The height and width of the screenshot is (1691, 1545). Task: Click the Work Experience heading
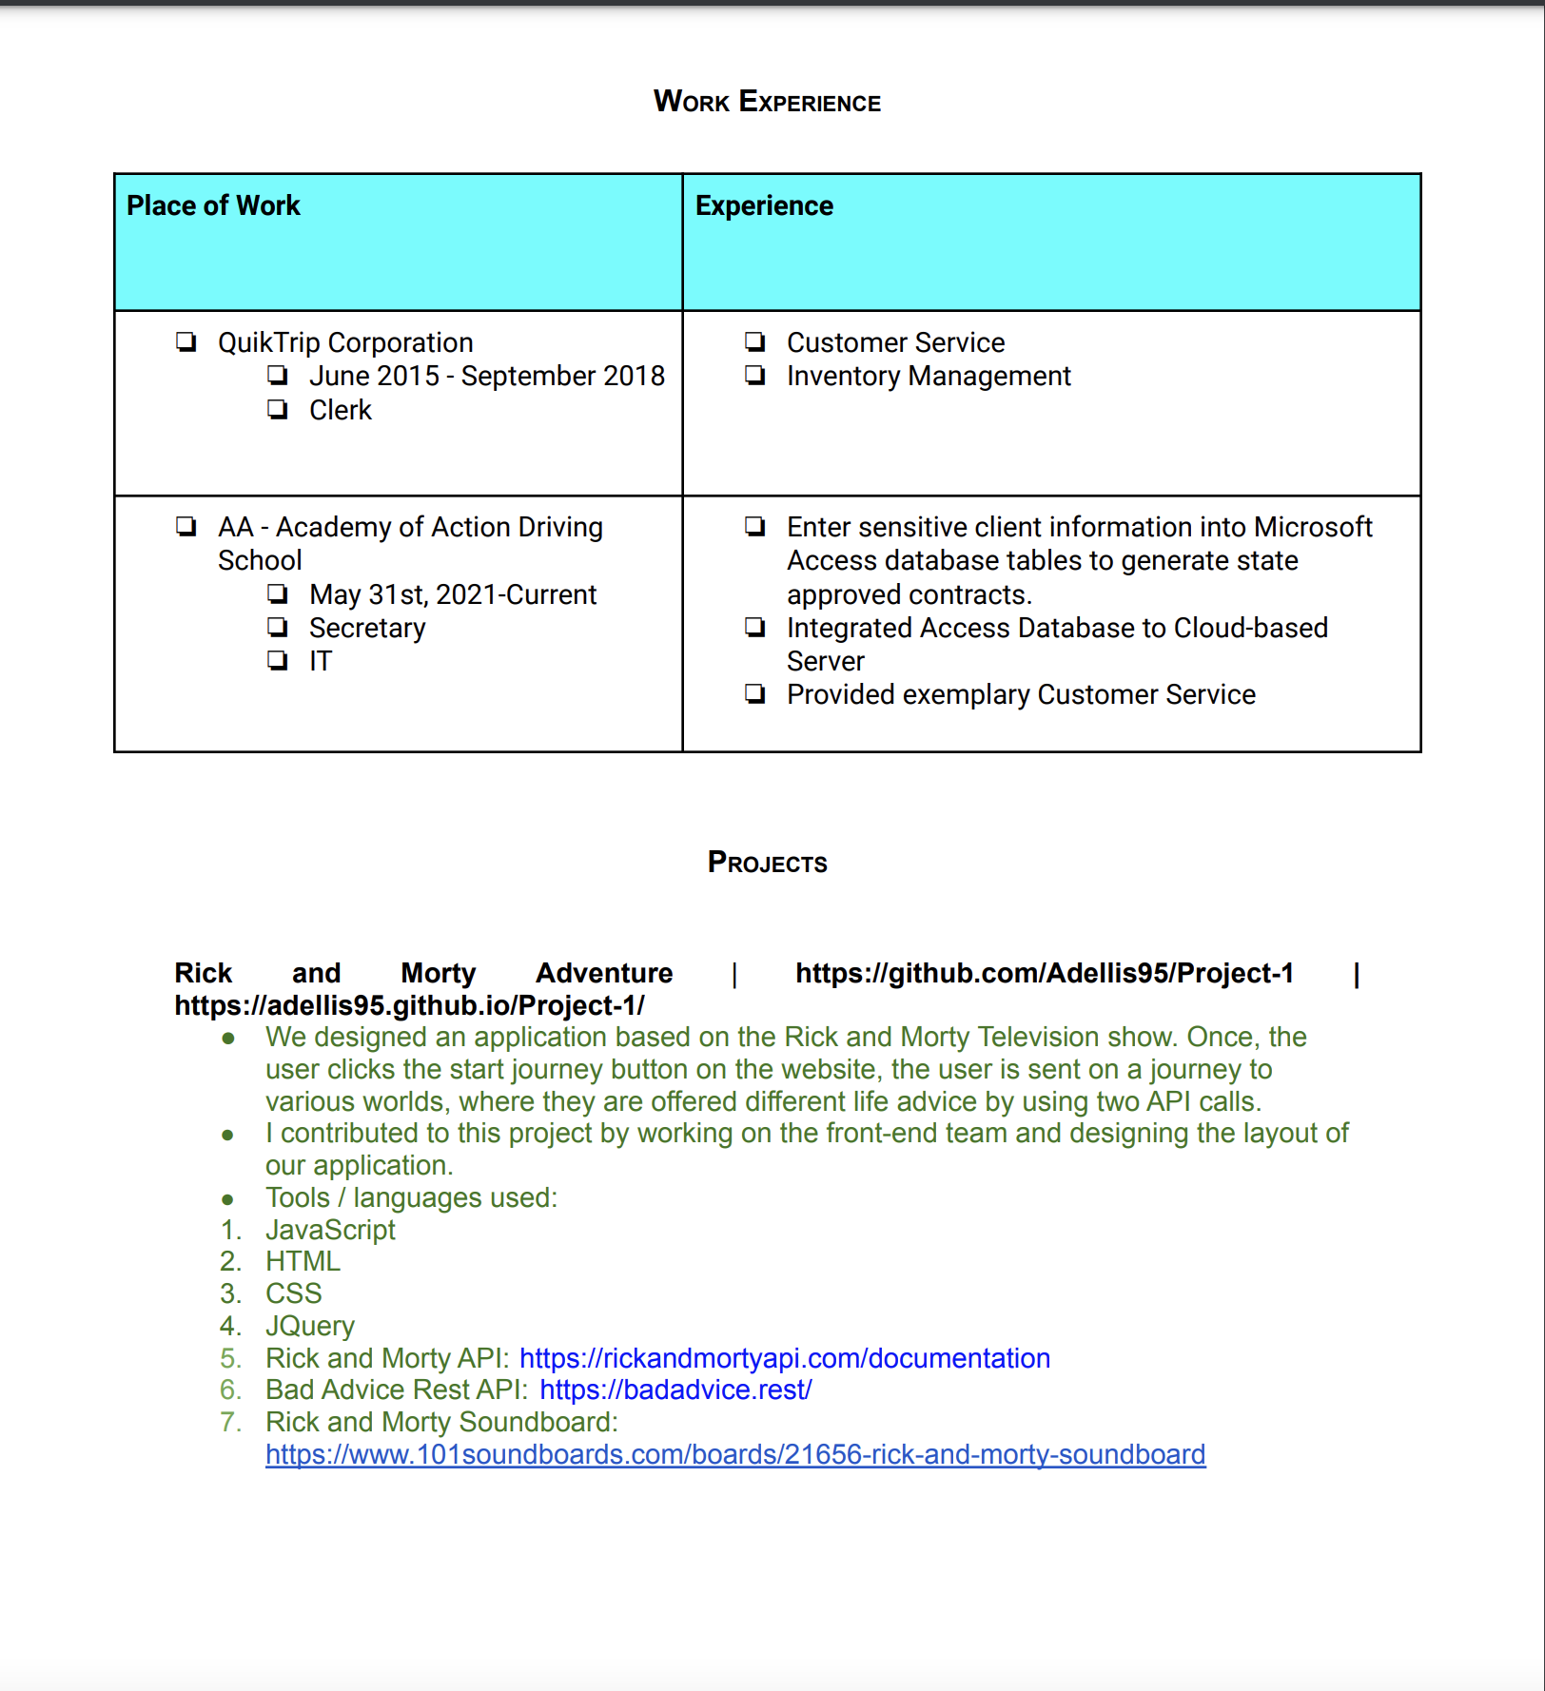pyautogui.click(x=767, y=102)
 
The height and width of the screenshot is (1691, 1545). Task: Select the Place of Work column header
pyautogui.click(x=213, y=205)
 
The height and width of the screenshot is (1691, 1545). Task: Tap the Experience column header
pyautogui.click(x=764, y=205)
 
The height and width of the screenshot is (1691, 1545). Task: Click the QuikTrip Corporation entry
pyautogui.click(x=344, y=342)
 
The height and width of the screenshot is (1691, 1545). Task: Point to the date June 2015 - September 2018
pyautogui.click(x=486, y=377)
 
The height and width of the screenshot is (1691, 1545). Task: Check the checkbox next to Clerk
pyautogui.click(x=278, y=410)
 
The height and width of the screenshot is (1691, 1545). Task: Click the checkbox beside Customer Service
pyautogui.click(x=755, y=341)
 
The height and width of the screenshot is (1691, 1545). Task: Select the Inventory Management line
pyautogui.click(x=928, y=377)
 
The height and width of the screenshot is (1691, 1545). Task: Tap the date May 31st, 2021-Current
pyautogui.click(x=452, y=594)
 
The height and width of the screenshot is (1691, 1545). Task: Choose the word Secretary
pyautogui.click(x=367, y=628)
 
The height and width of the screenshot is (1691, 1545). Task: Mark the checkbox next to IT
pyautogui.click(x=278, y=660)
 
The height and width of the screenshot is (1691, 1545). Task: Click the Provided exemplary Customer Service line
pyautogui.click(x=1020, y=695)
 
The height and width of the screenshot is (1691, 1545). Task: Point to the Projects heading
pyautogui.click(x=767, y=863)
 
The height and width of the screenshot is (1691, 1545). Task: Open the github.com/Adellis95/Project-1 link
pyautogui.click(x=1044, y=973)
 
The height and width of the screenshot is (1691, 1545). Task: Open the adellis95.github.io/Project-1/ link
pyautogui.click(x=409, y=1005)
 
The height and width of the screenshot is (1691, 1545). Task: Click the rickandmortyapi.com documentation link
pyautogui.click(x=784, y=1358)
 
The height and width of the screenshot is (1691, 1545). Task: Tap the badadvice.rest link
pyautogui.click(x=675, y=1390)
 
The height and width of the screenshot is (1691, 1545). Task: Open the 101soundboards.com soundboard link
pyautogui.click(x=734, y=1454)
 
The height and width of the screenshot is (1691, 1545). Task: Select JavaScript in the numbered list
pyautogui.click(x=330, y=1230)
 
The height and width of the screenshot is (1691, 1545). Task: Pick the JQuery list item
pyautogui.click(x=309, y=1326)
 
